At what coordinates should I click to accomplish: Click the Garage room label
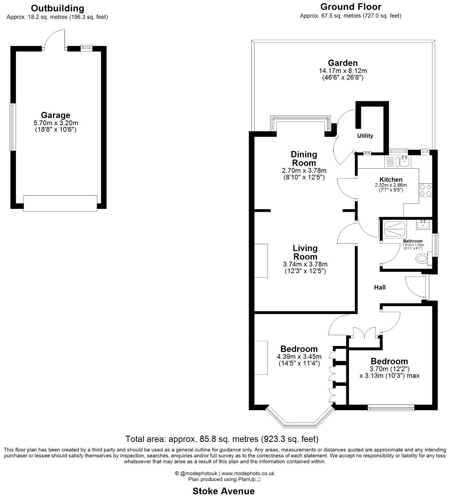[55, 115]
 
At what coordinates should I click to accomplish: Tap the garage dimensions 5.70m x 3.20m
[55, 123]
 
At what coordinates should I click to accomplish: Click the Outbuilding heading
[57, 8]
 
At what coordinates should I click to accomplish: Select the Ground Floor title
[351, 7]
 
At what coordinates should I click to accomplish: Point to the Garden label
[343, 63]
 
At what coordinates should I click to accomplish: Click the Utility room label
[365, 136]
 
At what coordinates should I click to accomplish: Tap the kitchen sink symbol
[403, 162]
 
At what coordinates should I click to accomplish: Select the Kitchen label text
[391, 180]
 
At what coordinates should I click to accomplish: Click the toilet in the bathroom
[422, 259]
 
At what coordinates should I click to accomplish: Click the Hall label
[380, 287]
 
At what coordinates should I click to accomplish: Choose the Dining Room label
[304, 159]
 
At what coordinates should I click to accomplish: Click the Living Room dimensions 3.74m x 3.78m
[305, 264]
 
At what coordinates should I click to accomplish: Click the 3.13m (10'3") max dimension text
[390, 376]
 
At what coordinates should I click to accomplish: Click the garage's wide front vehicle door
[60, 203]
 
